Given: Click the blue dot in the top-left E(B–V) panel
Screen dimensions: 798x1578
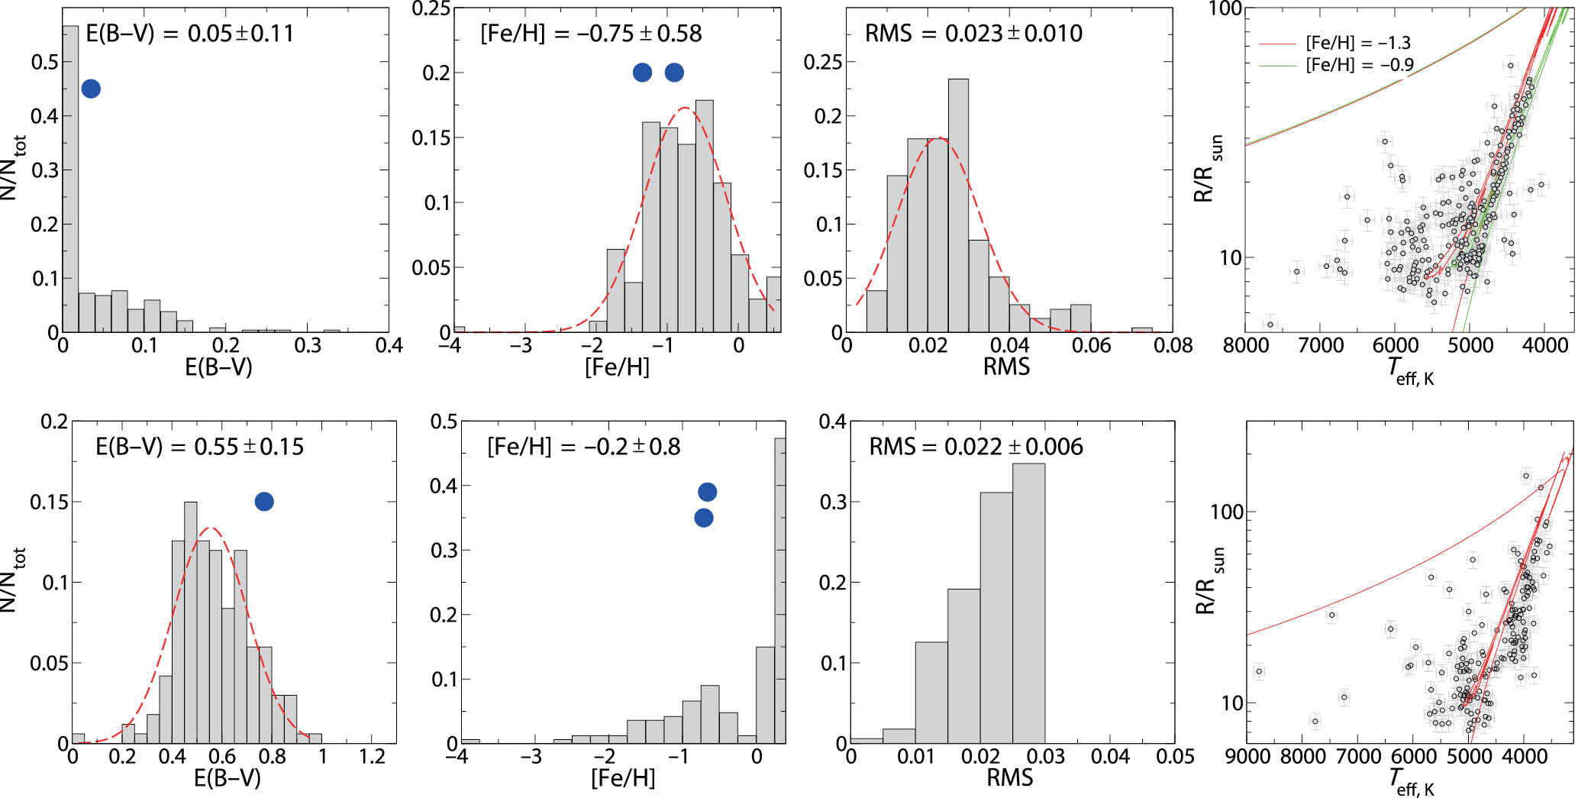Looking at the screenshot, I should tap(91, 89).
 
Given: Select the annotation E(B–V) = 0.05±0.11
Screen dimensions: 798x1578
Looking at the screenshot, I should tap(189, 34).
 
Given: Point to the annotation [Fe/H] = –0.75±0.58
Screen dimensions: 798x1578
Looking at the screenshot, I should tap(591, 34).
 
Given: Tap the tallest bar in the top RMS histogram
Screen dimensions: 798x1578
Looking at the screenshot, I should tap(958, 206).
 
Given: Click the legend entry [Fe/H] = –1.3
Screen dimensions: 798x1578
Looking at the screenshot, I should tap(1357, 43).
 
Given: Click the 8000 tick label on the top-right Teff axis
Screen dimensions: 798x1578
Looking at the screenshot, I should tap(1246, 346).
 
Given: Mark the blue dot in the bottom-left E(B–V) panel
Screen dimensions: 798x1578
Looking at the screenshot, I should tap(264, 502).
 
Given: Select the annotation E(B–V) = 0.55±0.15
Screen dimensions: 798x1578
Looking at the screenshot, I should tap(199, 447).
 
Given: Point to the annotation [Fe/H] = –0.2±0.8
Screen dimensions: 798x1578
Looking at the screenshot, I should tap(583, 447).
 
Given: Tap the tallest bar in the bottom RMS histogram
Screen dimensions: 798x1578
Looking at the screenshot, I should tap(1028, 603).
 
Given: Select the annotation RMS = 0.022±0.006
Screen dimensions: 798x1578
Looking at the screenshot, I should tap(976, 447).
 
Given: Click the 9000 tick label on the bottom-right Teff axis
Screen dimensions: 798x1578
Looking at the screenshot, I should tap(1247, 757).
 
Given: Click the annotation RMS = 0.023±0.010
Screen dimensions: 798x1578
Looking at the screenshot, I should tap(973, 34).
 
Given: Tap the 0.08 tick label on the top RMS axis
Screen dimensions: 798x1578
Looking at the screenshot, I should tap(1173, 346).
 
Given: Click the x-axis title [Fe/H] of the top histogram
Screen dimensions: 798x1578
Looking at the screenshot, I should tap(617, 367).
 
